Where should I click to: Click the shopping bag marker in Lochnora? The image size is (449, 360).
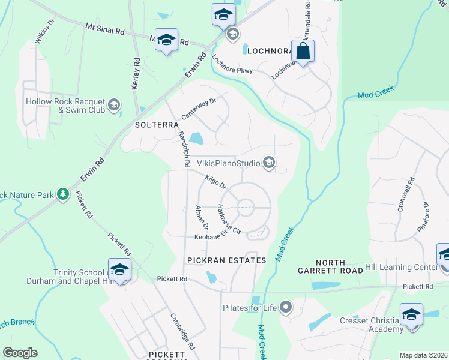pos(303,51)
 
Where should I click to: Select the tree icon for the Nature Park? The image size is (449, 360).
pos(62,194)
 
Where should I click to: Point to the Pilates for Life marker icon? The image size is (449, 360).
pos(285,308)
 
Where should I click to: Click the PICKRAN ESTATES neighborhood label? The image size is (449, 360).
pos(226,260)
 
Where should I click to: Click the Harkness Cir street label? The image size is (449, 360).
pos(229,220)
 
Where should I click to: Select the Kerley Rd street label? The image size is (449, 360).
pos(136,74)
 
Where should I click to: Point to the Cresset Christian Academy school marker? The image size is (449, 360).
pos(411,315)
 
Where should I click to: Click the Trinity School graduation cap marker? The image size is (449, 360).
pos(119,269)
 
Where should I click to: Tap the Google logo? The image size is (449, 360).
pos(20,353)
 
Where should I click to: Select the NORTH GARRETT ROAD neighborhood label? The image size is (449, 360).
pos(330,266)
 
